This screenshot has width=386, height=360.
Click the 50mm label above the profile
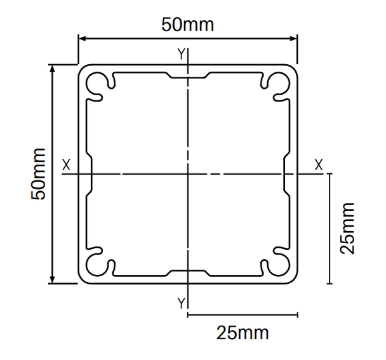187,25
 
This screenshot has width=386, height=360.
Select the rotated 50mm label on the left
38,174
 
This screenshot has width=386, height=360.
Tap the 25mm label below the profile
243,333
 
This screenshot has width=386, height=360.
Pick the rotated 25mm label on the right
347,229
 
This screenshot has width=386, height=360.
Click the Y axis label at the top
181,54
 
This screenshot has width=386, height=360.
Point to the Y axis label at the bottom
181,303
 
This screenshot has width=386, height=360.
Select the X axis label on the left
66,164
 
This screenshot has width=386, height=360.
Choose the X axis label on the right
319,164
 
